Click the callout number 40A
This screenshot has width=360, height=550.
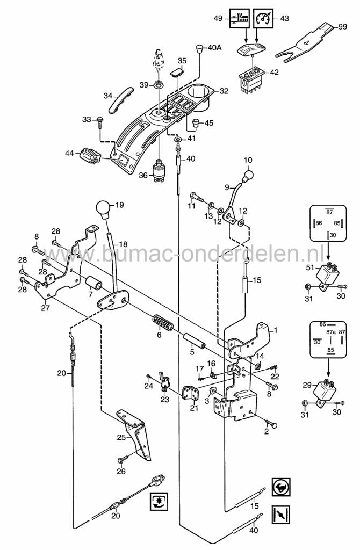tap(214, 48)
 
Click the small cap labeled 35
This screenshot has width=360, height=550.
tap(178, 72)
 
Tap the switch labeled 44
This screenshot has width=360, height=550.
tap(89, 157)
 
